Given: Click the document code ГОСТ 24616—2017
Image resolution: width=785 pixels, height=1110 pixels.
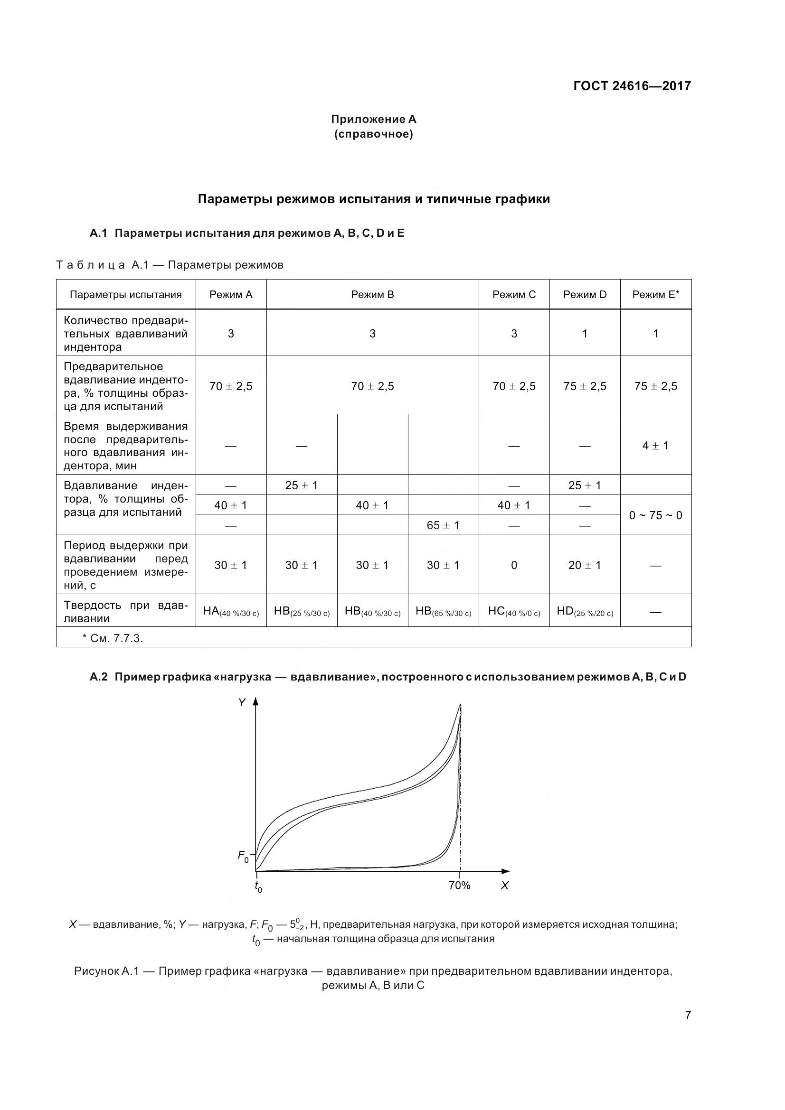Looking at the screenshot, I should (632, 86).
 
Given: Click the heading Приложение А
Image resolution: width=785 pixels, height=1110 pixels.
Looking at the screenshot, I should (373, 119).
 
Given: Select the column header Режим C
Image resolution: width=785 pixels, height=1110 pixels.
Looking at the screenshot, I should (514, 294).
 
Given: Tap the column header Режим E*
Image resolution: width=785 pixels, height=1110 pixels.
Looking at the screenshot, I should (655, 294).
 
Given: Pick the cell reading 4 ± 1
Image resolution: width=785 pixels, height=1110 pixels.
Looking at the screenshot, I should (655, 445).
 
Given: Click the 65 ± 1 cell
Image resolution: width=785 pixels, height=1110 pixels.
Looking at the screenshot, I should (443, 525).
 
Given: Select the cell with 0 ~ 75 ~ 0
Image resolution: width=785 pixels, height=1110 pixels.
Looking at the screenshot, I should (655, 515).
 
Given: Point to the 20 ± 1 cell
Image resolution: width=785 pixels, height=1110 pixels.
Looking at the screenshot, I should (584, 565).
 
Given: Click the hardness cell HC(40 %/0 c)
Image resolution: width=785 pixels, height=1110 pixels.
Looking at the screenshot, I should (514, 611).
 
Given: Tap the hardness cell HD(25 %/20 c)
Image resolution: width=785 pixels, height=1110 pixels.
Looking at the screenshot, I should (584, 611).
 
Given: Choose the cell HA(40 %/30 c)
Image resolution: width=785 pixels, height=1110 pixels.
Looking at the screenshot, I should (231, 611).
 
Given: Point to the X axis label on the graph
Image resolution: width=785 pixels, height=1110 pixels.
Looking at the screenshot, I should (504, 885).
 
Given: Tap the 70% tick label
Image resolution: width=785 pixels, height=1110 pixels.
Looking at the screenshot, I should (459, 885).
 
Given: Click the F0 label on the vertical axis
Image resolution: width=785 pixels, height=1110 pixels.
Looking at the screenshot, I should (243, 856).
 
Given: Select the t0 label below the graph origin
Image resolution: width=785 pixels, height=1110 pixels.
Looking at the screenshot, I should (258, 886).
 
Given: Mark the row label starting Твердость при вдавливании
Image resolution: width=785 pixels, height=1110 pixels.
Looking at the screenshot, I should (126, 611).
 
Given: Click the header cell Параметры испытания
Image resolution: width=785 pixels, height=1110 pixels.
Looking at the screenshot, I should (126, 294).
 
